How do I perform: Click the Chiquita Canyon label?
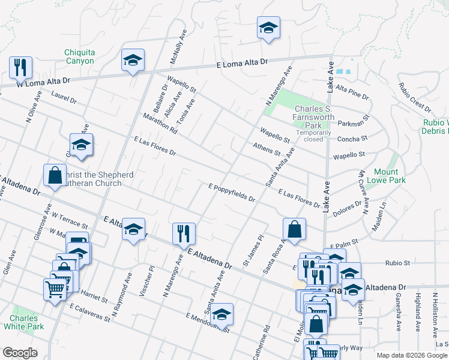tap(79, 56)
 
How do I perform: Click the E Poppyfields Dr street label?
tap(232, 193)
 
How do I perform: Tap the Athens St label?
tap(267, 148)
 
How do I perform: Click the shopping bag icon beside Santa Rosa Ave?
tap(295, 229)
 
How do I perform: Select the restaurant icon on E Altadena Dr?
tap(184, 233)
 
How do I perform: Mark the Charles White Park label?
tap(23, 322)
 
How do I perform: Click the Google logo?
tap(20, 353)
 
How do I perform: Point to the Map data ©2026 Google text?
tap(412, 355)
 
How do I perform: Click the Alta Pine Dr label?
tap(352, 91)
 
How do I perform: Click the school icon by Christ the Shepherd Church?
tap(81, 145)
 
